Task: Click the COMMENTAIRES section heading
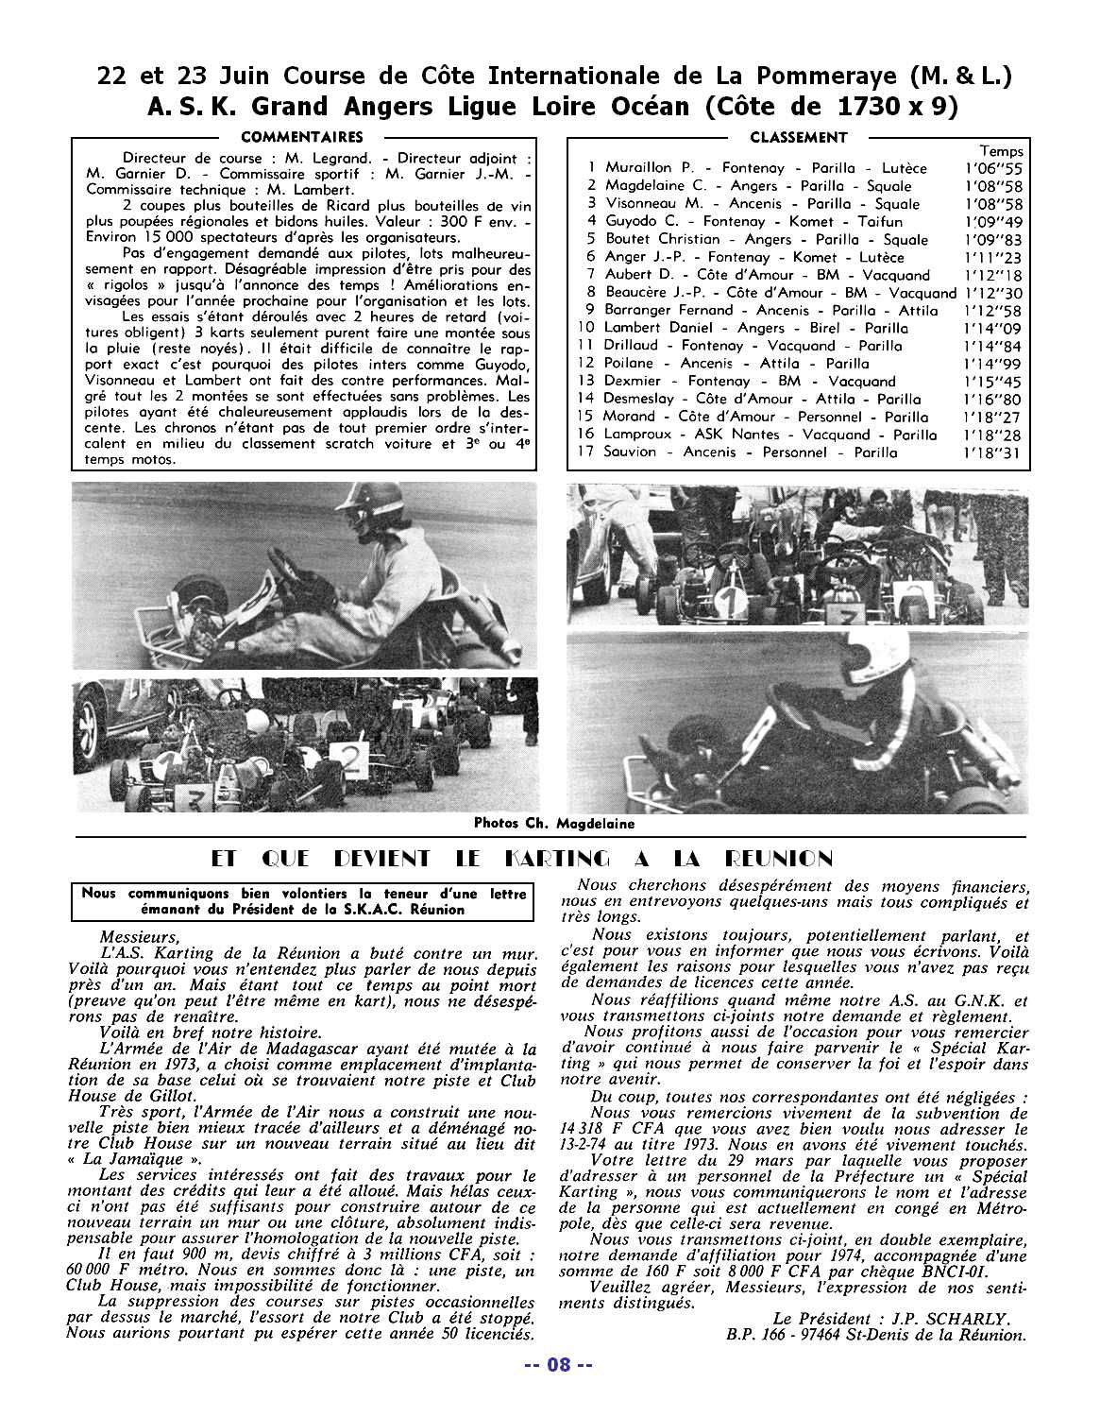point(302,137)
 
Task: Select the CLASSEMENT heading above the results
point(798,137)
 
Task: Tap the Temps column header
point(1001,151)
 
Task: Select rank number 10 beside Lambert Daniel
point(585,328)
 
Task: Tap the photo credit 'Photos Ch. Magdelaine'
point(554,823)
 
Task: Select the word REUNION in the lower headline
point(779,859)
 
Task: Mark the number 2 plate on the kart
point(349,759)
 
